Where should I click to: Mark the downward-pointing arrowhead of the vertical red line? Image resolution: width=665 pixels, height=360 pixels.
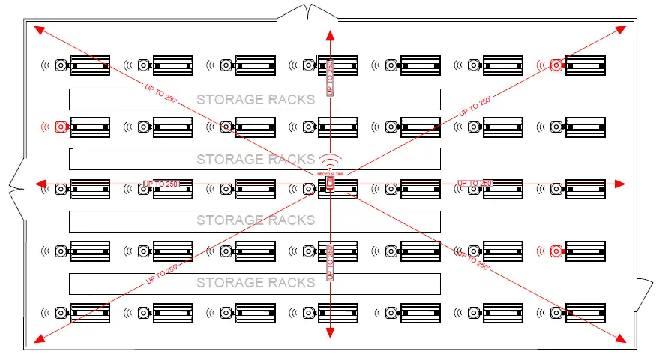[329, 334]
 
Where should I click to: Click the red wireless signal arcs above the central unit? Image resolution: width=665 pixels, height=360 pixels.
[329, 161]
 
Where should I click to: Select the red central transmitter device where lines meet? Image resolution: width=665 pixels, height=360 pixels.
[329, 184]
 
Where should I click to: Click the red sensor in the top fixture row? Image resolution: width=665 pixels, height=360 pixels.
[556, 64]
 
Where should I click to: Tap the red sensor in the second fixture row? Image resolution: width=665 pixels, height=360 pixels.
[61, 127]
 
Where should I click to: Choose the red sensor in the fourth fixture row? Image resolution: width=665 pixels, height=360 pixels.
[556, 250]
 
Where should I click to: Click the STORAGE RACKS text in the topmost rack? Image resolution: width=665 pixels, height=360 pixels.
[255, 99]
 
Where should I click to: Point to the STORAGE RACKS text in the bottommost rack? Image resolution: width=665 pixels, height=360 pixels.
[255, 283]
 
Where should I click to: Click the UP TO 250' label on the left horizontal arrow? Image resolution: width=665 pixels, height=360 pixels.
[163, 184]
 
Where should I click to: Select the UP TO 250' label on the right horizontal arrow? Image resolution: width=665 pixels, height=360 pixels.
[475, 184]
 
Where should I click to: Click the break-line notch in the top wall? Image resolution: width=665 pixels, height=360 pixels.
[307, 10]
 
